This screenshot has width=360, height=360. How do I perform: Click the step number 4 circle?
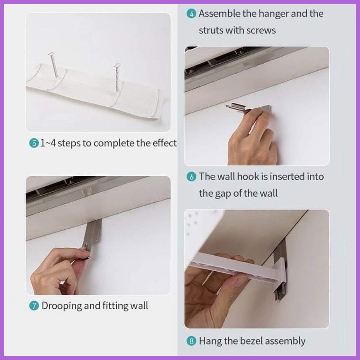click(x=191, y=14)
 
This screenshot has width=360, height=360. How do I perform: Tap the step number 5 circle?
click(x=34, y=143)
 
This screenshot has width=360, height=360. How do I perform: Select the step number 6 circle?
click(x=191, y=177)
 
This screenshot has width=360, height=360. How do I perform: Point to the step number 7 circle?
click(x=34, y=306)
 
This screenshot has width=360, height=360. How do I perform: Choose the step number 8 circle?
click(x=191, y=341)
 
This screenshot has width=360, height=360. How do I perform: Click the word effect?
click(x=165, y=143)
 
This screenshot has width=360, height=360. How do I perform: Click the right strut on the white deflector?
click(x=117, y=77)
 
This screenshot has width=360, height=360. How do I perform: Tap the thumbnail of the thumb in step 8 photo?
click(x=240, y=282)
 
